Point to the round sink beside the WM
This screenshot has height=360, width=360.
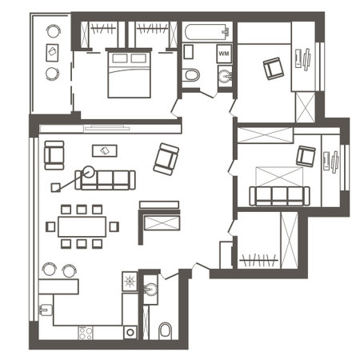tap(224, 77)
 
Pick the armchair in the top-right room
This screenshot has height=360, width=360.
tap(274, 68)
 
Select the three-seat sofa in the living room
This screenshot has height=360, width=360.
tap(106, 179)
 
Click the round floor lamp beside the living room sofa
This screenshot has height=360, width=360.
tap(87, 170)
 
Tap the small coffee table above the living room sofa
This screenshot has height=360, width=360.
tap(102, 150)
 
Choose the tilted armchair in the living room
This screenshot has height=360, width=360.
tap(166, 158)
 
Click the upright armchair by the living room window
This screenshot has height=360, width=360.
tap(54, 154)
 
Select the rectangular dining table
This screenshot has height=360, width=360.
tap(82, 226)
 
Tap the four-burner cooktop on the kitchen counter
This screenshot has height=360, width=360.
tap(129, 282)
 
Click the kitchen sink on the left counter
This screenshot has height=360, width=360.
tap(46, 306)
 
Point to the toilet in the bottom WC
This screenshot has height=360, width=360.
tap(165, 330)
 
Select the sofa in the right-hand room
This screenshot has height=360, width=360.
tap(278, 194)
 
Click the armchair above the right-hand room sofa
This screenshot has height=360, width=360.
tap(306, 155)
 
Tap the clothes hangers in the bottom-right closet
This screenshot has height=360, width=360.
tap(258, 260)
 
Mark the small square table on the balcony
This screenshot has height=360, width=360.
tap(53, 53)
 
